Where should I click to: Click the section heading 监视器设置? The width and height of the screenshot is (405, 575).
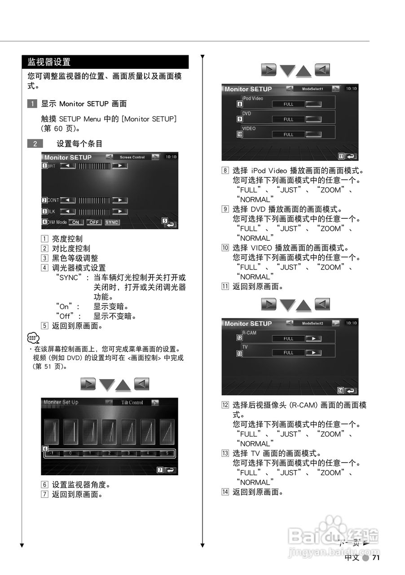click(49, 62)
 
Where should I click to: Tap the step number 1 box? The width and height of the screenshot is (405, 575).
click(32, 104)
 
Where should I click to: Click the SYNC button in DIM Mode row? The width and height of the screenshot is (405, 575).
click(112, 222)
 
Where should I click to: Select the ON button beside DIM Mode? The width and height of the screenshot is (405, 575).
click(75, 222)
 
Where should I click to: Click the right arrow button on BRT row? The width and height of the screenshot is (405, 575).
click(119, 166)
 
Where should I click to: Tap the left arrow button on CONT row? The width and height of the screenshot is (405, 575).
click(68, 200)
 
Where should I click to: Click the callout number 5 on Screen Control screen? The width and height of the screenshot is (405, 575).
click(165, 221)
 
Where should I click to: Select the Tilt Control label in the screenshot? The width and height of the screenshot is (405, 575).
click(132, 402)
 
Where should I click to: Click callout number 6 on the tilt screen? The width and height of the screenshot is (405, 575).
click(45, 448)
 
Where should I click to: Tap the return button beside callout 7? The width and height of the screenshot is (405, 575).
click(170, 470)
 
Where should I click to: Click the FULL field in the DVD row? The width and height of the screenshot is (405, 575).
click(288, 119)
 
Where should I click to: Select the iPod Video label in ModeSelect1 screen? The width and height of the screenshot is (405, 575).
click(253, 98)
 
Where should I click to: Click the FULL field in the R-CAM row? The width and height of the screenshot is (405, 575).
click(288, 339)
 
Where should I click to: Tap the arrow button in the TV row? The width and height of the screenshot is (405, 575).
click(313, 353)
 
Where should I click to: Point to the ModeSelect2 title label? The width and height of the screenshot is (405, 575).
click(313, 323)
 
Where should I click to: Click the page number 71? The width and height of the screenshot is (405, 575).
click(376, 557)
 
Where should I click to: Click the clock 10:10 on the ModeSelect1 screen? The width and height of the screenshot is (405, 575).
click(351, 89)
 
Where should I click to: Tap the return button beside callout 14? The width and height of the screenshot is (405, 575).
click(351, 390)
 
